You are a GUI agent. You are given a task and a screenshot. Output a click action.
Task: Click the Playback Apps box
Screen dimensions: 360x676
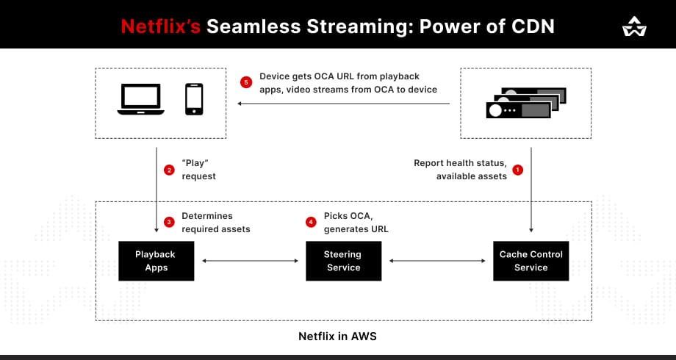click(x=156, y=261)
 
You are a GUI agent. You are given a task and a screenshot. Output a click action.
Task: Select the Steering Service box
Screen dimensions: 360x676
click(x=343, y=261)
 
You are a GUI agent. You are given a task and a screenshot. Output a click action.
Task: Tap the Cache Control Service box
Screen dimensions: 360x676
click(x=531, y=261)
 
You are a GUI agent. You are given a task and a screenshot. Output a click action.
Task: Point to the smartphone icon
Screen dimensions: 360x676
click(x=194, y=99)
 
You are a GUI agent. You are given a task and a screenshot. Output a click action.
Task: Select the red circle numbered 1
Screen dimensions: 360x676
click(x=517, y=170)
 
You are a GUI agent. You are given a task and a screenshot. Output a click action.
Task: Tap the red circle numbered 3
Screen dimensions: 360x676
click(x=169, y=222)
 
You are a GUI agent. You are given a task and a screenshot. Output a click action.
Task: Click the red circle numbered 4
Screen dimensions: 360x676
click(x=311, y=222)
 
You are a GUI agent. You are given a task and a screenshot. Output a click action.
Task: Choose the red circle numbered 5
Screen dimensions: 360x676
click(x=246, y=82)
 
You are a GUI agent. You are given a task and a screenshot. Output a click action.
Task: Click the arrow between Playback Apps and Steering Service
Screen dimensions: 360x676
click(x=250, y=261)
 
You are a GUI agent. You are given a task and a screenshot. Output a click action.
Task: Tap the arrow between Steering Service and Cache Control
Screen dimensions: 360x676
click(x=437, y=261)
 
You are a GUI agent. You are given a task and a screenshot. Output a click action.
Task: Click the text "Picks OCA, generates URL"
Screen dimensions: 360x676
click(x=356, y=222)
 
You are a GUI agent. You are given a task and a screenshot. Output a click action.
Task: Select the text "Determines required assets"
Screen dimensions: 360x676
click(x=215, y=222)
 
